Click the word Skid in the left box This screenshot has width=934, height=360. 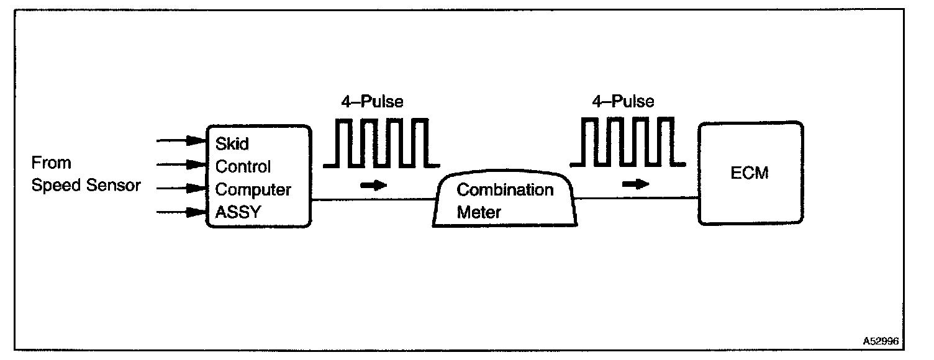coord(232,144)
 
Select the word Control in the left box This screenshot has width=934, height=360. coord(243,166)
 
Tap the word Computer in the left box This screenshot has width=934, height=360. coord(253,189)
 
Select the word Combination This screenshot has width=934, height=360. coord(505,189)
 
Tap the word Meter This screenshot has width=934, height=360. coord(478,212)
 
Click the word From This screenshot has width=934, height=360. coord(51,163)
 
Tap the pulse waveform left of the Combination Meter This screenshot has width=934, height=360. coord(381,143)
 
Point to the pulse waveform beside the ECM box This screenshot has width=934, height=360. coord(628,142)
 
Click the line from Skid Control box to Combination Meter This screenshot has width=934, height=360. coord(373,200)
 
